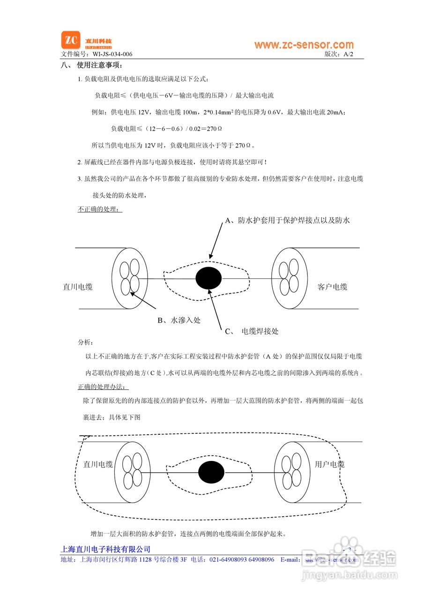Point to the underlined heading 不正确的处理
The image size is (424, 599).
tap(99, 209)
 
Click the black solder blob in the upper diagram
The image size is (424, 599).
tap(208, 278)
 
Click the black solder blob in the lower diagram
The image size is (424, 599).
tap(211, 472)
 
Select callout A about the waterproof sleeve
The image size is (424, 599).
tap(288, 220)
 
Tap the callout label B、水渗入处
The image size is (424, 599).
tap(179, 321)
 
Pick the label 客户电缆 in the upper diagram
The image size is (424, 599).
tap(333, 287)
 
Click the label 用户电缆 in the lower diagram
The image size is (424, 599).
tap(330, 464)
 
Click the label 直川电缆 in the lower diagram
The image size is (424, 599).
tap(98, 464)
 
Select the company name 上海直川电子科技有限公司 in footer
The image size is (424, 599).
tap(106, 549)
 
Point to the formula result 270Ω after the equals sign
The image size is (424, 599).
tap(214, 128)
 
